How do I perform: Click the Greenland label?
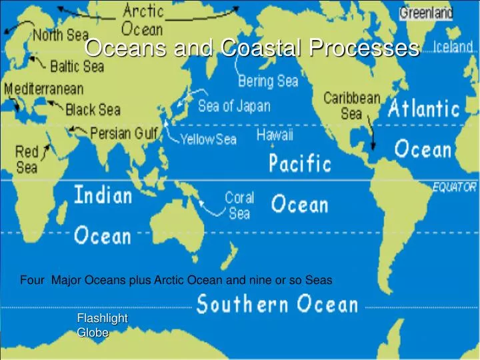(x=426, y=13)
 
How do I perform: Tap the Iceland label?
(x=453, y=47)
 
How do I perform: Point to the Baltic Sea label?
(x=77, y=66)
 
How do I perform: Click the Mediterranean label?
(x=44, y=89)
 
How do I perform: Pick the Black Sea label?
(x=93, y=109)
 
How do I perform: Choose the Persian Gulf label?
(x=124, y=133)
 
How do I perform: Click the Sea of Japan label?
(x=234, y=106)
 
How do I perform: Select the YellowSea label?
(x=209, y=139)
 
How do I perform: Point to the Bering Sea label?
(x=268, y=81)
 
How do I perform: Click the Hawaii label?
(x=275, y=135)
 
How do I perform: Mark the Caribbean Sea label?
(x=351, y=105)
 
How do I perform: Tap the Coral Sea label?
(x=239, y=205)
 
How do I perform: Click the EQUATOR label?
(x=455, y=187)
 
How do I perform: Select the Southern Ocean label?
(x=277, y=305)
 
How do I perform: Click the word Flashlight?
(x=102, y=318)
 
